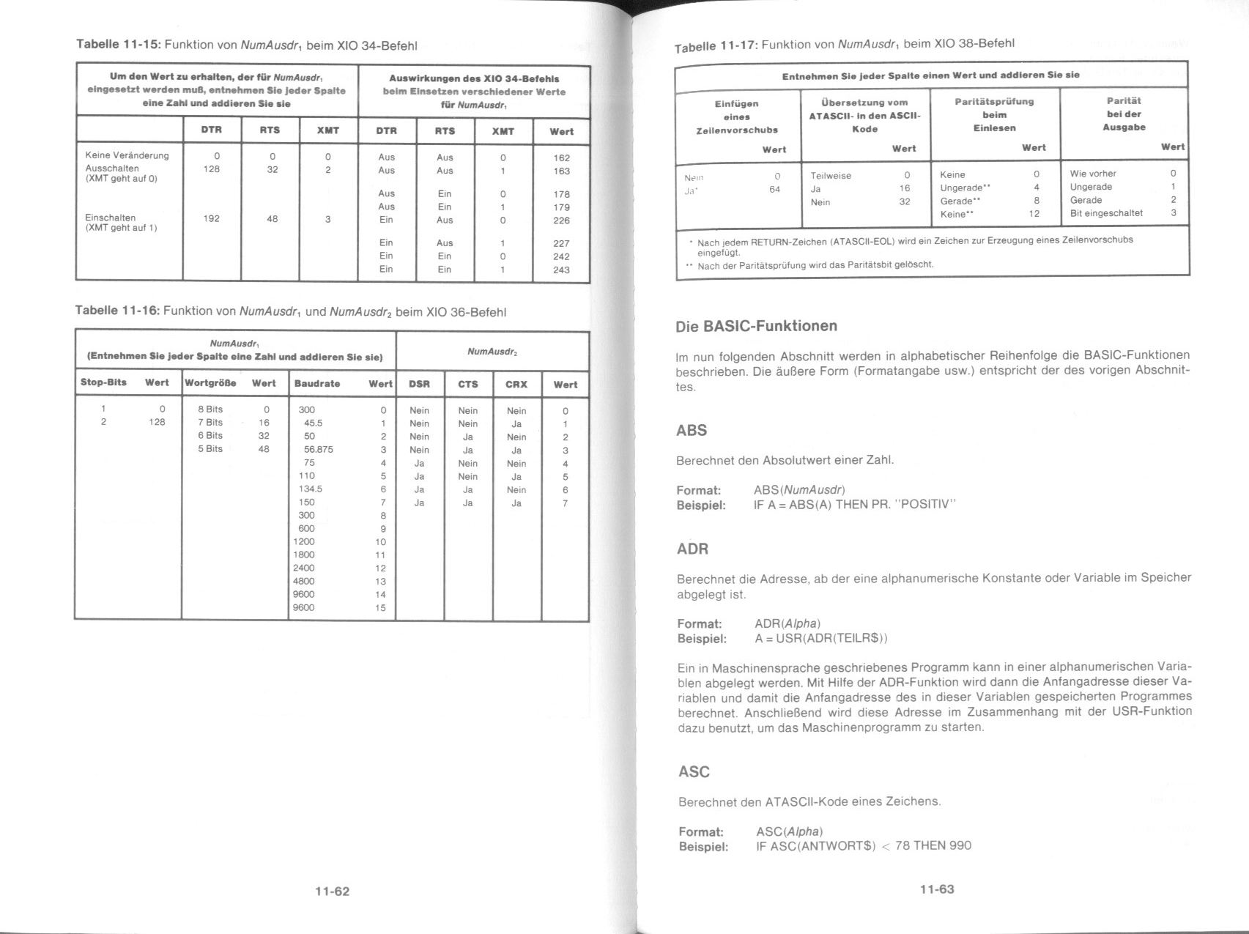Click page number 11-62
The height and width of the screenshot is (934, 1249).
pyautogui.click(x=332, y=891)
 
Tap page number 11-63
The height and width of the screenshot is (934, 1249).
pyautogui.click(x=937, y=889)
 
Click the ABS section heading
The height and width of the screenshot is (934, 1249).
pyautogui.click(x=692, y=430)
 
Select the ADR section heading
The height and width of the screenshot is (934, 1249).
pyautogui.click(x=692, y=549)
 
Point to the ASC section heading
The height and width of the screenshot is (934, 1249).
pyautogui.click(x=694, y=771)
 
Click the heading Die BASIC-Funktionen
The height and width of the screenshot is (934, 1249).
pyautogui.click(x=756, y=326)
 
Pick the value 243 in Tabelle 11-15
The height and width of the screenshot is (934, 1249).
pyautogui.click(x=561, y=270)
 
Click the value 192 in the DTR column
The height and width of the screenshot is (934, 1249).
pyautogui.click(x=212, y=218)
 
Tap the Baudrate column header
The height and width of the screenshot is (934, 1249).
pyautogui.click(x=316, y=383)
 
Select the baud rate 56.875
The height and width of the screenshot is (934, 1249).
pyautogui.click(x=318, y=449)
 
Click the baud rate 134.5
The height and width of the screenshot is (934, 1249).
pyautogui.click(x=310, y=489)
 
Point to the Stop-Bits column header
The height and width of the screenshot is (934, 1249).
pyautogui.click(x=103, y=382)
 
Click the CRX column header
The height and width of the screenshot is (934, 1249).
pyautogui.click(x=516, y=384)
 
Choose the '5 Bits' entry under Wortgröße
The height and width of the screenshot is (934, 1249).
pyautogui.click(x=210, y=448)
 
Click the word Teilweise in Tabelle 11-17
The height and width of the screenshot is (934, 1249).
pyautogui.click(x=831, y=176)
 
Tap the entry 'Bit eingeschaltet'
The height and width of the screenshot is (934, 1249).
pyautogui.click(x=1106, y=213)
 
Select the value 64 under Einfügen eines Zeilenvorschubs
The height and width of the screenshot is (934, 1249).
pyautogui.click(x=774, y=189)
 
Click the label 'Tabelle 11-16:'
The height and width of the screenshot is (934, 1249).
pyautogui.click(x=117, y=311)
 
